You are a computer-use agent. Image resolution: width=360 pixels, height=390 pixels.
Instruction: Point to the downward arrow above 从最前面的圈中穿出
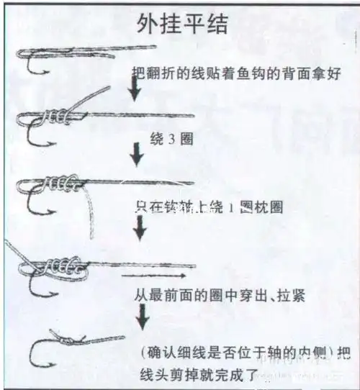click(141, 229)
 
